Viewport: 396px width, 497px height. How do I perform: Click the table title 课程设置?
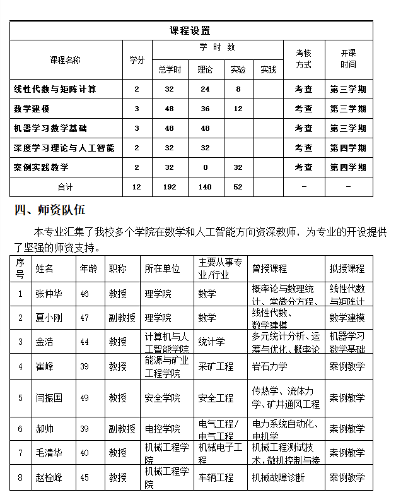190,30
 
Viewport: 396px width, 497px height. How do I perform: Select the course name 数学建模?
32,109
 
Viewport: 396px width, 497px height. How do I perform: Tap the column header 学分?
137,60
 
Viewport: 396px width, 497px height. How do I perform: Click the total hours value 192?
169,187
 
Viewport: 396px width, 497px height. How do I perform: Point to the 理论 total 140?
205,187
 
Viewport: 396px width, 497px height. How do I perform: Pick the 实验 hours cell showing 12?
238,109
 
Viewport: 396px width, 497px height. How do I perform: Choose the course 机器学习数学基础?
50,128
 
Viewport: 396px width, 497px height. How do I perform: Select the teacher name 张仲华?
49,294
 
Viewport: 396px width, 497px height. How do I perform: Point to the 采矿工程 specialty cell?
216,366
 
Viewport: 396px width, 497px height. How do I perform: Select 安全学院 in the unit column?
162,398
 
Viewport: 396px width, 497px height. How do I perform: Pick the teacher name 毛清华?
49,453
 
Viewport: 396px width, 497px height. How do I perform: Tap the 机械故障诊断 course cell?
278,477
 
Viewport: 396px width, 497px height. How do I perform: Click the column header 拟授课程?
347,268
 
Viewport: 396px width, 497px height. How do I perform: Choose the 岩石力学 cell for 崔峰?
269,366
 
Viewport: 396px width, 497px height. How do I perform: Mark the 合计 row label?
66,187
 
